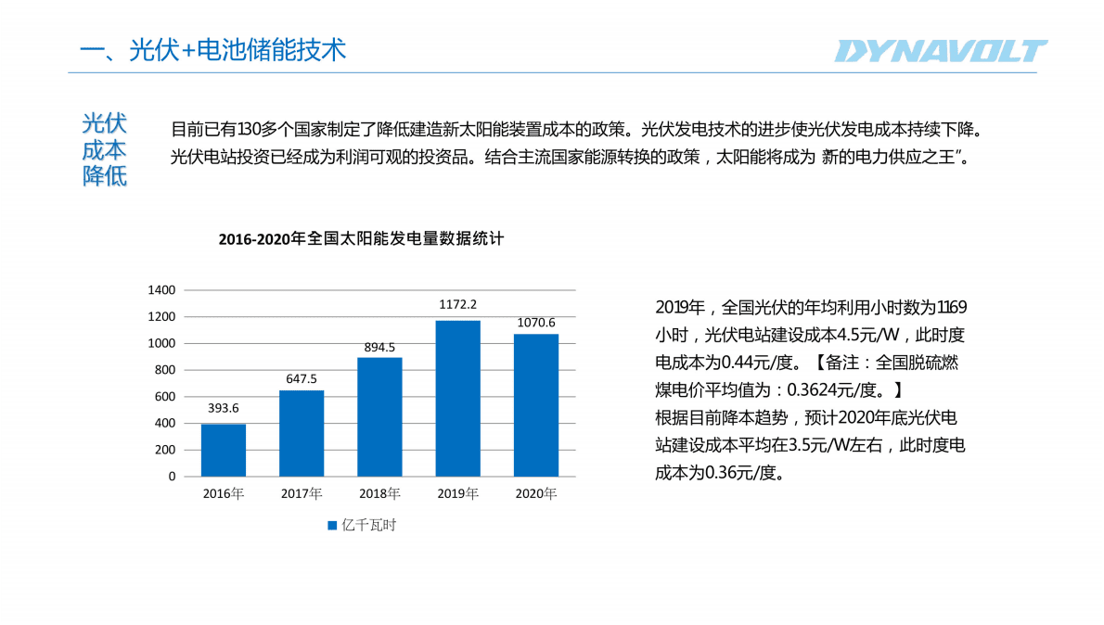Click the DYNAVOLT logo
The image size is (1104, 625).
941,51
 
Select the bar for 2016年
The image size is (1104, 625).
224,450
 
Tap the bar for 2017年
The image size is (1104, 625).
302,433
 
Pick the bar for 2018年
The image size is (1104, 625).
379,416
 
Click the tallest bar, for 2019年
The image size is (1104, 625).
458,399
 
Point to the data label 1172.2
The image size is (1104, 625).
458,304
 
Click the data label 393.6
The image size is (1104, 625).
224,408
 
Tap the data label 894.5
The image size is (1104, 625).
379,347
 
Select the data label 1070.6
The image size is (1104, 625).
536,323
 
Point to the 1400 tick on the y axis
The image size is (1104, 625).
162,290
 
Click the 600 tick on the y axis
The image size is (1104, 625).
165,397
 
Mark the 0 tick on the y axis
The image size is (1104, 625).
172,477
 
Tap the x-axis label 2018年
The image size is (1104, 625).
379,493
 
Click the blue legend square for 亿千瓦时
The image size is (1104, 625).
332,526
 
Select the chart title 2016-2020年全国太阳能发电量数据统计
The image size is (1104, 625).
361,239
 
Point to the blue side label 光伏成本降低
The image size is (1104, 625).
104,149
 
